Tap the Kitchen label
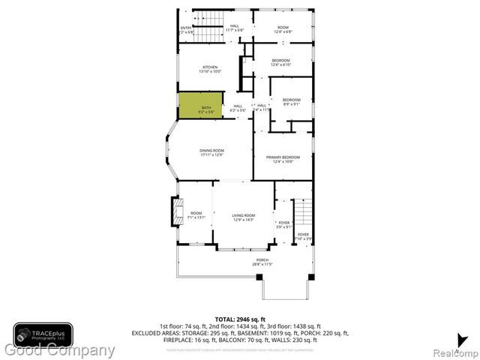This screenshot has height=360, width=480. pos(210,69)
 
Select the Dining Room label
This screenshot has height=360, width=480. pos(211,152)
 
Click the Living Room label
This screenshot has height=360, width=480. pos(244,217)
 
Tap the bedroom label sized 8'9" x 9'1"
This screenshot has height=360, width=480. pos(291,102)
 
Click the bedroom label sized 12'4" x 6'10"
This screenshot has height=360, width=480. pos(280,62)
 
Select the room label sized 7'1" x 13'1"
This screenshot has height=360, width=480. pos(196,215)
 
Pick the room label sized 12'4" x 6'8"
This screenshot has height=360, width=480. pos(281,28)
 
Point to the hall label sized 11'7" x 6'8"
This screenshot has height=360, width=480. pos(235,28)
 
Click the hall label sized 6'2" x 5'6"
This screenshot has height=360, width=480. pos(238,108)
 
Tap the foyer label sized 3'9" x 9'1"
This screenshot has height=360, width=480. pos(283,224)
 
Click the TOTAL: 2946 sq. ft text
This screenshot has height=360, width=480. pos(240,319)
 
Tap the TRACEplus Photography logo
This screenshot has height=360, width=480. pos(43,333)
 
